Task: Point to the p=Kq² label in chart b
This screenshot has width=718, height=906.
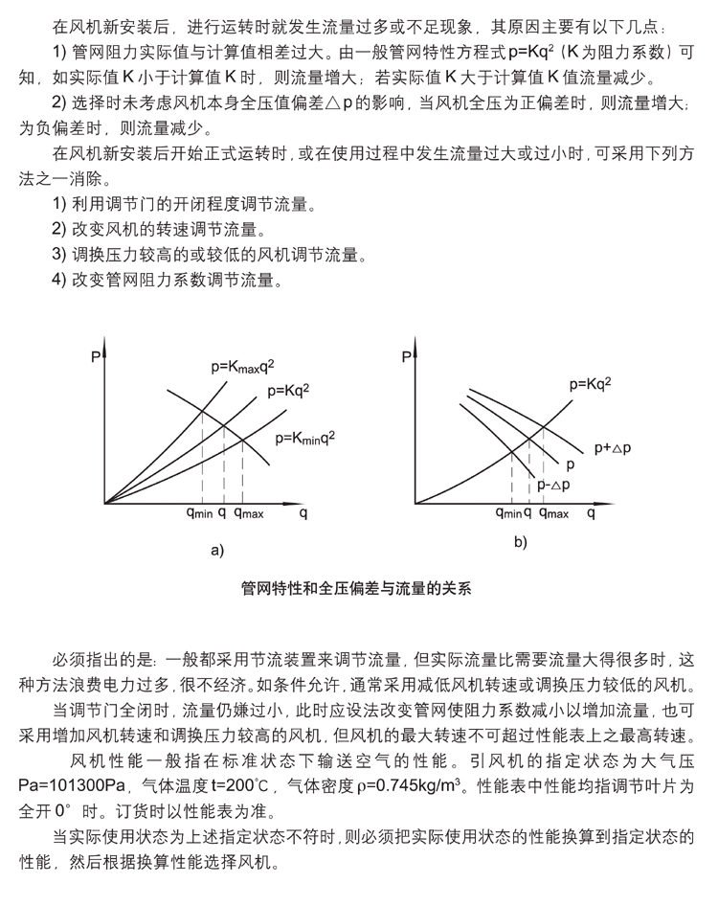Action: [590, 384]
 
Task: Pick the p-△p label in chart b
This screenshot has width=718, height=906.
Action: [554, 485]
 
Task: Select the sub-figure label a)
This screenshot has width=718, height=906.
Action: [215, 549]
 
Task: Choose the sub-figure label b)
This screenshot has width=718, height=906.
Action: [521, 542]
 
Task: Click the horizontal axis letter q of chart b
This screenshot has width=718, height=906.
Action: [591, 514]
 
